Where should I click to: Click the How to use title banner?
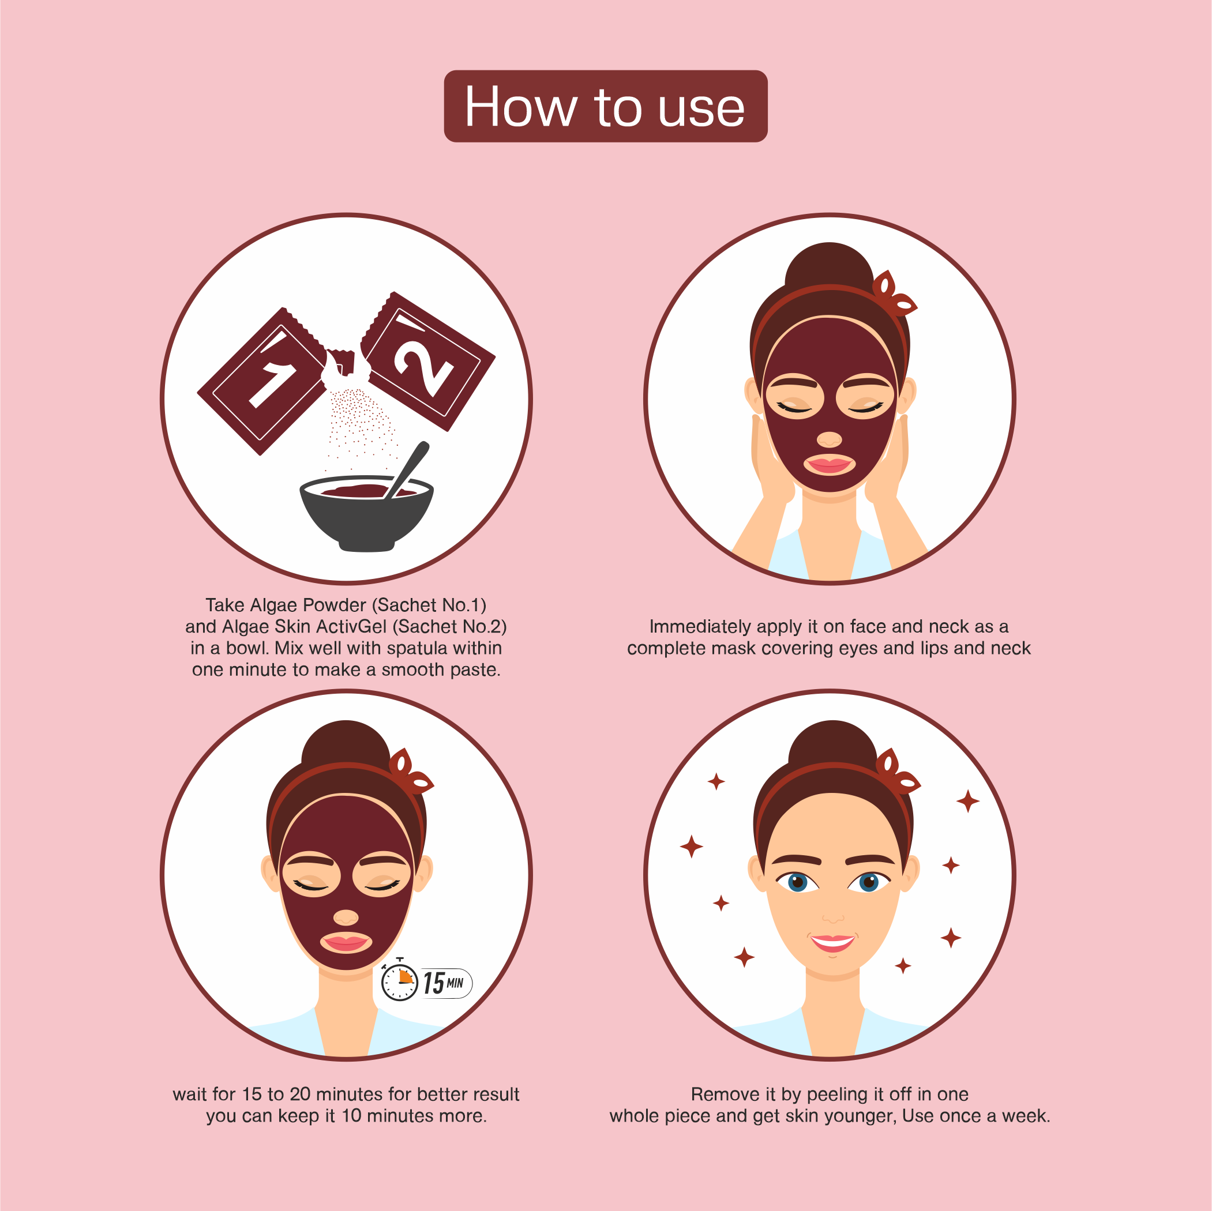pos(605,106)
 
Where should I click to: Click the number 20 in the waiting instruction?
pos(300,1095)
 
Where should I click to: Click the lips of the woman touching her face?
pos(830,465)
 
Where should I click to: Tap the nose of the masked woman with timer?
pos(346,917)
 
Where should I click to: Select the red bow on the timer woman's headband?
pos(408,772)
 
